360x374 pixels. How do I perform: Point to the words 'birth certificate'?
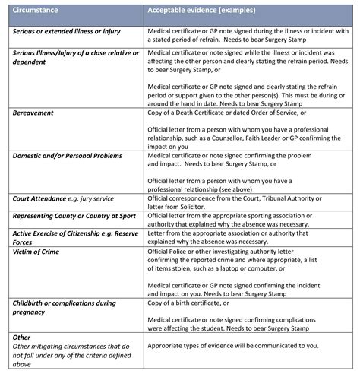207,303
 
